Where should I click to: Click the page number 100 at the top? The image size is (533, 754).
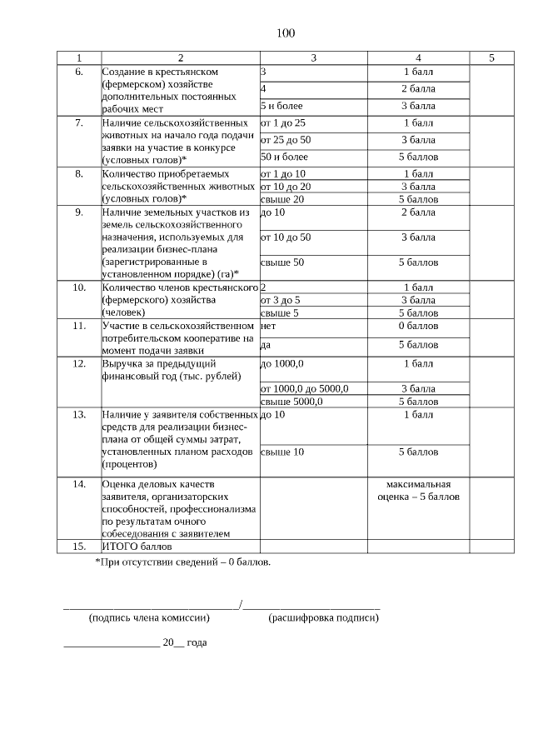[285, 33]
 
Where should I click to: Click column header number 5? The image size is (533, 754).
[491, 57]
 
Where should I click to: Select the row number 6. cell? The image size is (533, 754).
[79, 72]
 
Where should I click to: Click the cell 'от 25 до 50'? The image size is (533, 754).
[286, 140]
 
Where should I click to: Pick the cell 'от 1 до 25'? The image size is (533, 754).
[283, 122]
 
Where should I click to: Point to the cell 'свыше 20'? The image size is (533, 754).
[282, 199]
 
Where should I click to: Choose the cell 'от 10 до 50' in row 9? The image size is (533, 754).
[286, 237]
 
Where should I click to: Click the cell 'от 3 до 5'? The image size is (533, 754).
[281, 300]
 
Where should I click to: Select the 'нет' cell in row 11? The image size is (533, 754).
[268, 326]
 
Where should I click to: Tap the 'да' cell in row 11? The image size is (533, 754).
[266, 345]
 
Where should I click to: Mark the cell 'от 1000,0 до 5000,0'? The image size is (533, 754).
[304, 388]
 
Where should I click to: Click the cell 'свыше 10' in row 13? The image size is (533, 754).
[282, 452]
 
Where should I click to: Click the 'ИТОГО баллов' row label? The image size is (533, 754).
[136, 547]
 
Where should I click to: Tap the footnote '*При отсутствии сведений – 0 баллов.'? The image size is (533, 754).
[183, 562]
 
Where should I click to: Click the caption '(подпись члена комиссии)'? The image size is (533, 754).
[149, 618]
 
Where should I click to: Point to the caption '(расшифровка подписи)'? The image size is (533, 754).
[324, 618]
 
